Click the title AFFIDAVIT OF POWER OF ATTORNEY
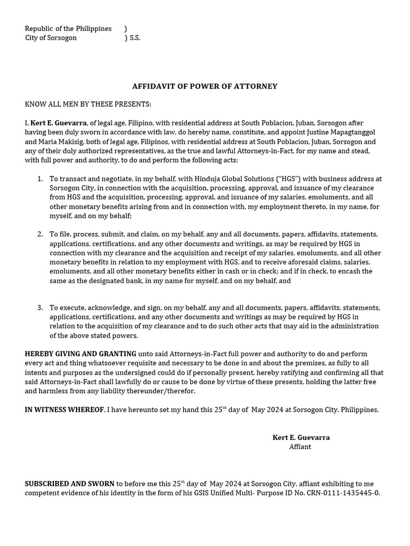[x=204, y=86]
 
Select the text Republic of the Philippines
[x=68, y=29]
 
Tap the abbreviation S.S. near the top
[x=135, y=38]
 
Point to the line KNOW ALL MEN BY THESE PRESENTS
[x=88, y=105]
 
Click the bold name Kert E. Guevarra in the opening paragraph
[x=59, y=123]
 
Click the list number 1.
[x=40, y=179]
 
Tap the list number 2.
[x=40, y=234]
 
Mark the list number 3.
[x=40, y=308]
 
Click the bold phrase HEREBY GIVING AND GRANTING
[x=81, y=354]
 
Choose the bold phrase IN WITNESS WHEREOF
[x=64, y=410]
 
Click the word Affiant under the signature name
[x=300, y=447]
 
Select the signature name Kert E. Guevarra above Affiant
[x=301, y=438]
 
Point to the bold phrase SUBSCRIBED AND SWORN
[x=69, y=484]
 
